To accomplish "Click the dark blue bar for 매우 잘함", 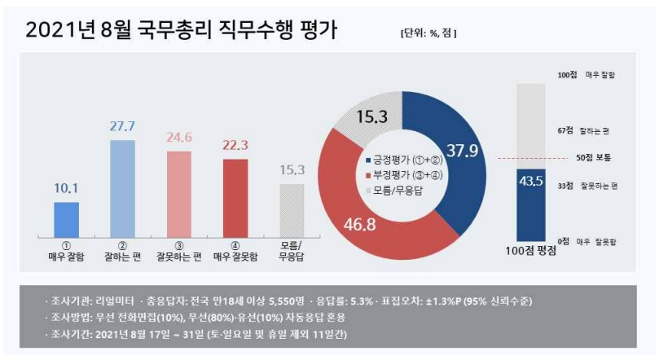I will coord(66,217).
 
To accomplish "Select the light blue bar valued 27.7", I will coord(122,187).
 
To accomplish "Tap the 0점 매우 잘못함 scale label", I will coord(598,242).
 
